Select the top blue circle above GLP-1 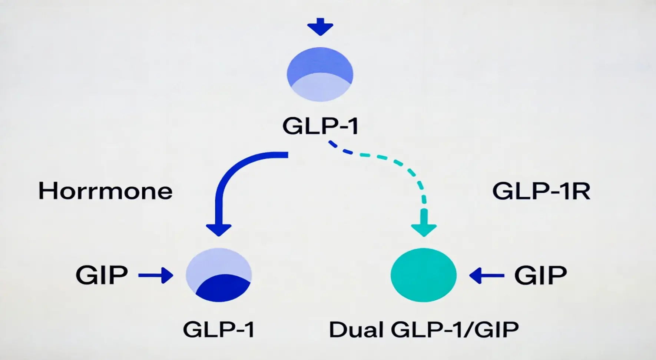coord(320,74)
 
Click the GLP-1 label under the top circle coord(320,126)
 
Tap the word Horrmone coord(106,191)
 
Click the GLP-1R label coord(541,191)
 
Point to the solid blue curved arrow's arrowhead coord(219,229)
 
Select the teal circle coord(424,275)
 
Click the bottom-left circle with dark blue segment coord(219,275)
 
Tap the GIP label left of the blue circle coord(102,275)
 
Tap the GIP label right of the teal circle coord(540,275)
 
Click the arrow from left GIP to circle coord(156,275)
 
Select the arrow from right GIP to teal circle coord(486,275)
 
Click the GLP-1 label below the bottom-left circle coord(219,329)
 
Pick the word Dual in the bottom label coord(356,329)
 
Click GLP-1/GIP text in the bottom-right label coord(455,329)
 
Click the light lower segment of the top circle coord(320,89)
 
